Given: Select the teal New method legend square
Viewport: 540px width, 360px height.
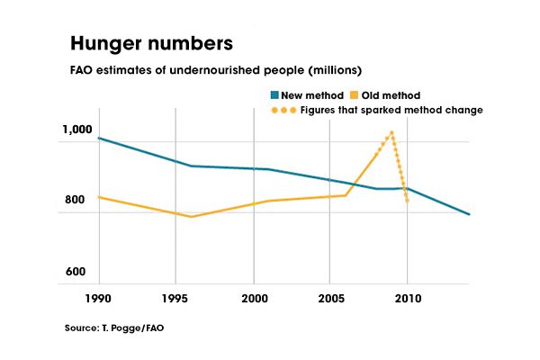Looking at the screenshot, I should (x=274, y=94).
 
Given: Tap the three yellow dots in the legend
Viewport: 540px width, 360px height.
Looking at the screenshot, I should (x=284, y=110).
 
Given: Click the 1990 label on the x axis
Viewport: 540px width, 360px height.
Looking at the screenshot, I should (x=98, y=298).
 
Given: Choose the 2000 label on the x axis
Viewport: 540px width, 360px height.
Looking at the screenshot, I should (x=255, y=298).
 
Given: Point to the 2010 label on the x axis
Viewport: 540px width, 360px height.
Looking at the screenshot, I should (x=408, y=298).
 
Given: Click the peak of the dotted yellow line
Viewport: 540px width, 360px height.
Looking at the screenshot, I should (x=391, y=132).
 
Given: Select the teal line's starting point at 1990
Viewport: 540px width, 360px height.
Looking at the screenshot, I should (x=98, y=139).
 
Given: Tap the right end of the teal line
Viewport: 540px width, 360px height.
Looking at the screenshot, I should (x=469, y=214).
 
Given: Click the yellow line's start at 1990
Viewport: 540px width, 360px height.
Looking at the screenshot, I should (x=98, y=196).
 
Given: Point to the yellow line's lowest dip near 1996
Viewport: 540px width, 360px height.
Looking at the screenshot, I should (x=191, y=216).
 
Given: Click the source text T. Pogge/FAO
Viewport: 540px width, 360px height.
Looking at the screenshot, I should (x=114, y=328).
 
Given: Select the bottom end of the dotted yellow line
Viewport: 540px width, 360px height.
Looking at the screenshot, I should (x=408, y=201).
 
